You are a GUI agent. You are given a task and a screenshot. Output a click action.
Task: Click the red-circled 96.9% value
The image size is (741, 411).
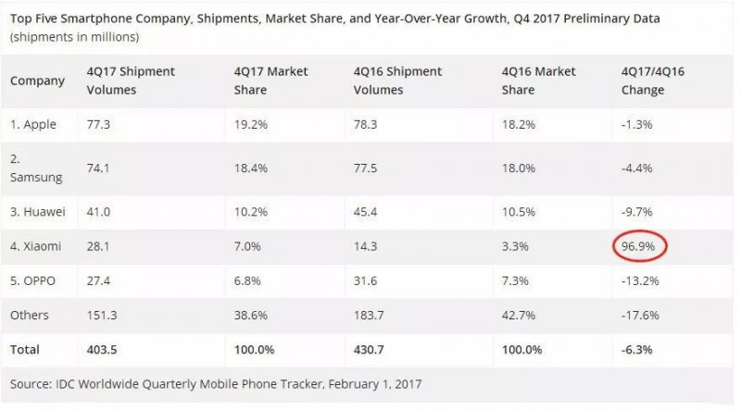640,248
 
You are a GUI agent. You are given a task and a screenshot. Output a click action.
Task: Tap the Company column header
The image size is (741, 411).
37,81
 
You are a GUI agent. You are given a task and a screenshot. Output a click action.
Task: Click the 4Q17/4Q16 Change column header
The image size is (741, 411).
643,81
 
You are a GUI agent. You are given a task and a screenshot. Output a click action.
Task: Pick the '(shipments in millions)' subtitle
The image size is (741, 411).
75,37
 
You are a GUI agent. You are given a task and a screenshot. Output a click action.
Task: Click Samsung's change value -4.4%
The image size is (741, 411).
637,168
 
